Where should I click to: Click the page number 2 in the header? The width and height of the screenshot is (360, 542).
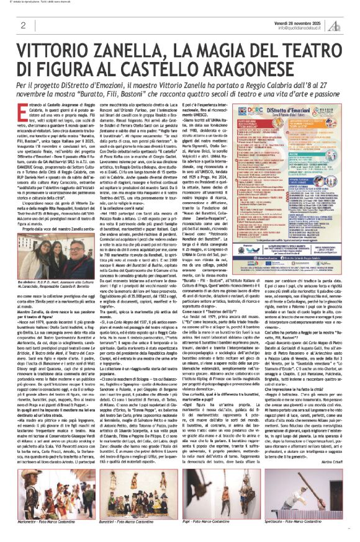(x=23, y=25)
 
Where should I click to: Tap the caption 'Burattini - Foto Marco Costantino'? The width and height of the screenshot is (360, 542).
(x=130, y=523)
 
